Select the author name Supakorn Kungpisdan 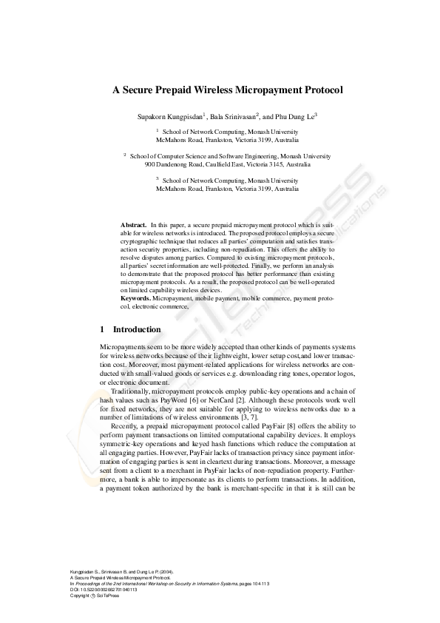169,116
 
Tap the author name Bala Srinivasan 232,116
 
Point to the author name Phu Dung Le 294,116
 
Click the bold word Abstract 133,223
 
